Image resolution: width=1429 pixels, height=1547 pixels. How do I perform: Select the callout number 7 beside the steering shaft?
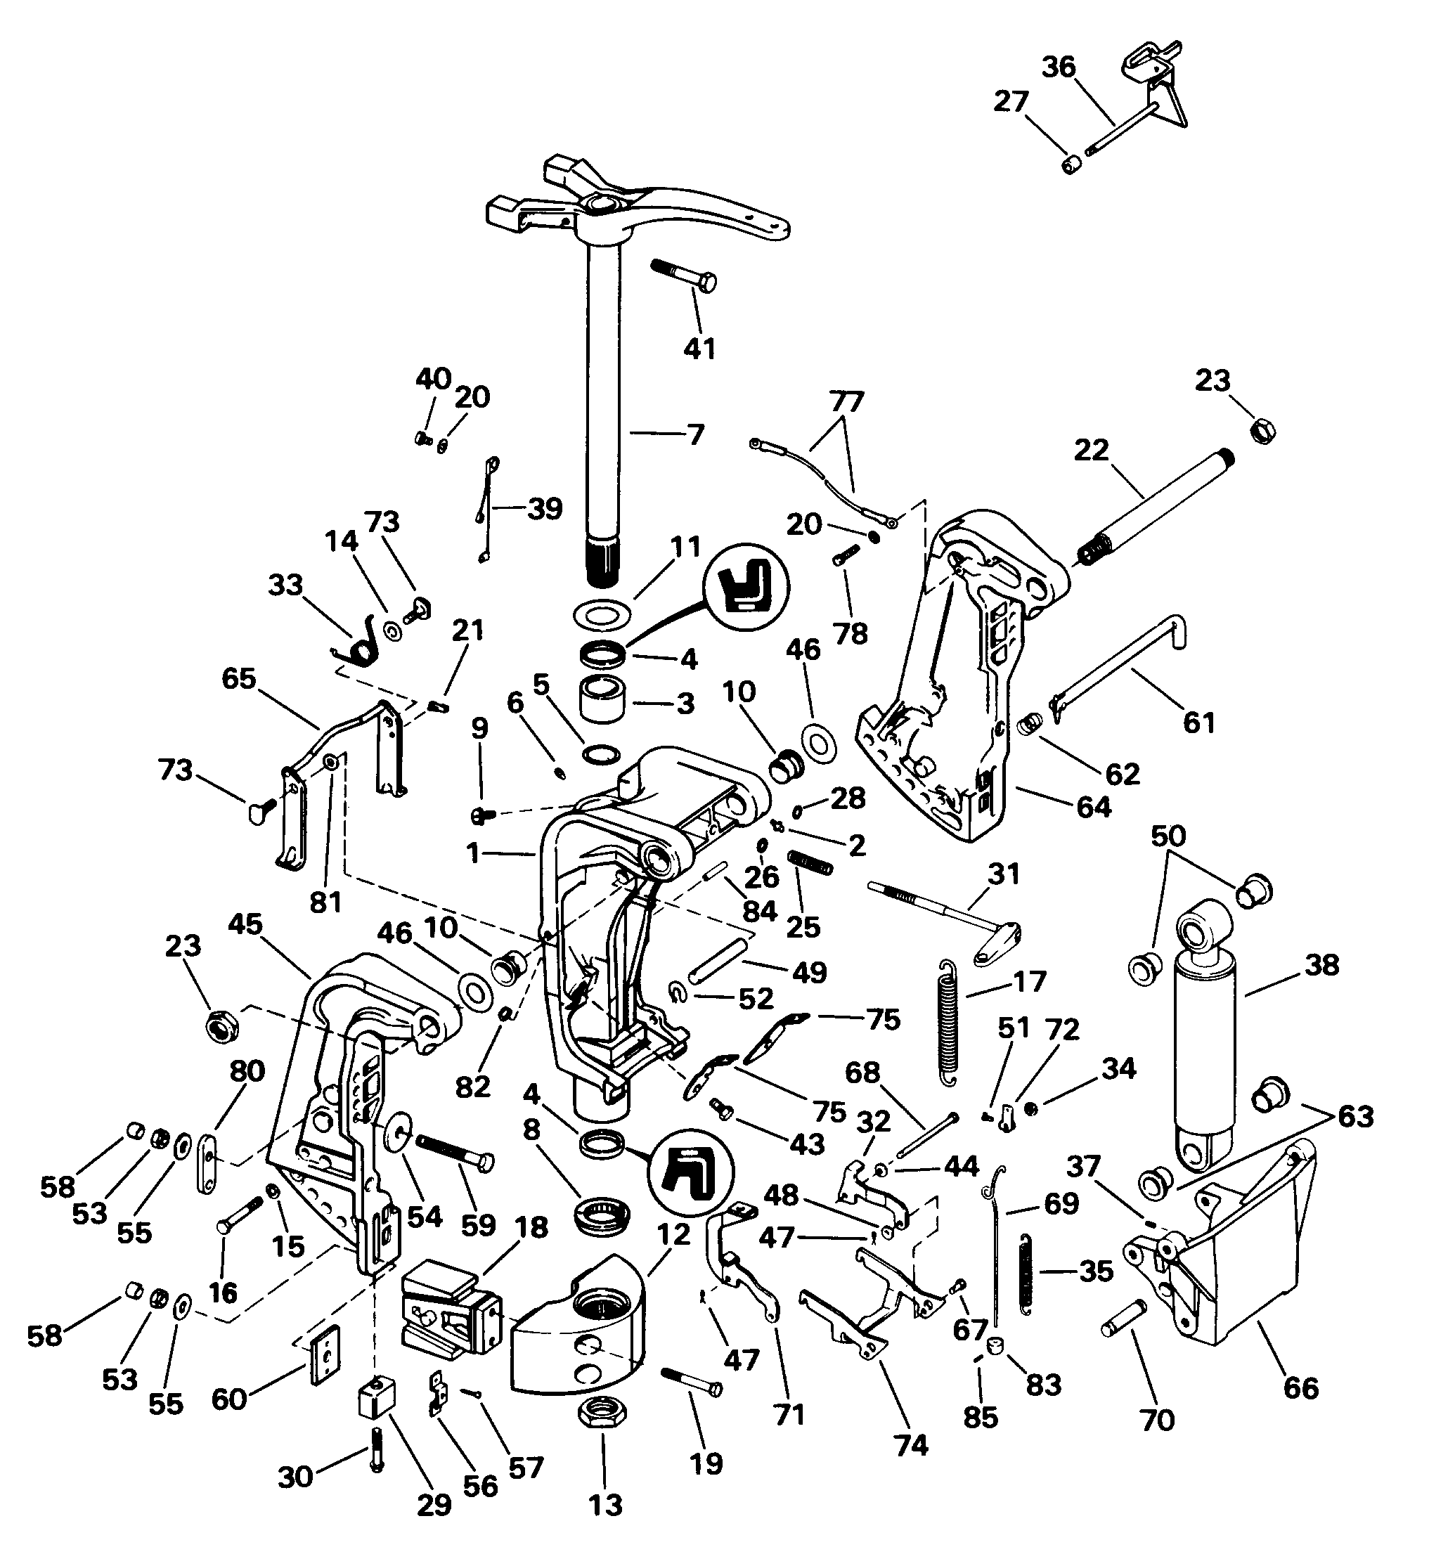tap(696, 435)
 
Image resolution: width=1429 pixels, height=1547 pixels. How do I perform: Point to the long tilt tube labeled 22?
tap(1156, 512)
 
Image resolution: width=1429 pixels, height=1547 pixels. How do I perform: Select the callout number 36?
tap(1059, 67)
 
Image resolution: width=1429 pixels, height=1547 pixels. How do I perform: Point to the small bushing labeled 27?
tap(1071, 164)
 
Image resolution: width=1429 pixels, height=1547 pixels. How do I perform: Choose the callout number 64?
tap(1094, 807)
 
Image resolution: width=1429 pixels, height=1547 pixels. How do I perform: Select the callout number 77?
tap(847, 403)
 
